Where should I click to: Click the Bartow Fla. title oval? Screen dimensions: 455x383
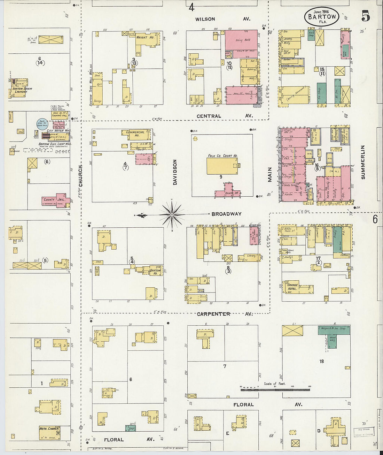[322, 16]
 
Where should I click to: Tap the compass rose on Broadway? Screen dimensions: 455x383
[172, 214]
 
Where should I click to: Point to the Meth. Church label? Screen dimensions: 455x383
[49, 429]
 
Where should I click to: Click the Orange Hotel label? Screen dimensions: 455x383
[292, 287]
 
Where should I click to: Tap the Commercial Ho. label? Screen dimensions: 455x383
[135, 133]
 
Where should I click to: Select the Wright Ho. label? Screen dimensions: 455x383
[145, 37]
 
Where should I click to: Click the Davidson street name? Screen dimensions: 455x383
[175, 172]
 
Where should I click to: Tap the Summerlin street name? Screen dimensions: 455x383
[363, 162]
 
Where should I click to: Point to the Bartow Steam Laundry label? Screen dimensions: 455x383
[22, 90]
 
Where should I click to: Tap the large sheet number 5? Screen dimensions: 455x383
[365, 16]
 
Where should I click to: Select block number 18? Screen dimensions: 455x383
[322, 361]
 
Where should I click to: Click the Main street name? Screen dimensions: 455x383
[270, 175]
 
